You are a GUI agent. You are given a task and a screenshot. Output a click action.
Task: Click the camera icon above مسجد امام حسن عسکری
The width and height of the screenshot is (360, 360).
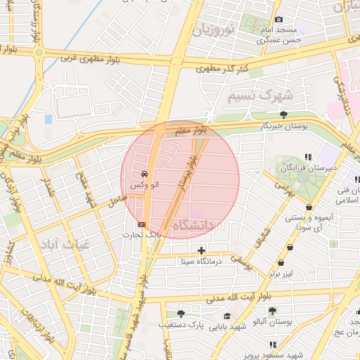coord(279,19)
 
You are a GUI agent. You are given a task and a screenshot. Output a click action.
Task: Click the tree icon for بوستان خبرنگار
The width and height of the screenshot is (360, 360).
coord(283,114)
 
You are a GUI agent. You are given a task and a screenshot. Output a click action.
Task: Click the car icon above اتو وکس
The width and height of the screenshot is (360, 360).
coord(144,173)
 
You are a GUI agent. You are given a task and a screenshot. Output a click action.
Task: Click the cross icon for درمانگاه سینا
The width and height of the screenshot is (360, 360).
coord(202,250)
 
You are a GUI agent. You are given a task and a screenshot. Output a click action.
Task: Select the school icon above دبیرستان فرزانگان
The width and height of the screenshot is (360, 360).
coord(307,157)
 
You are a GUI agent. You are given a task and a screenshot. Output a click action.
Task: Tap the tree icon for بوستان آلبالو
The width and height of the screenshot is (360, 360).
coord(272,310)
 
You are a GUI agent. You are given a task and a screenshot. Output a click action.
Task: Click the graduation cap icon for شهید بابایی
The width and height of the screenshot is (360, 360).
coord(226,316)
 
